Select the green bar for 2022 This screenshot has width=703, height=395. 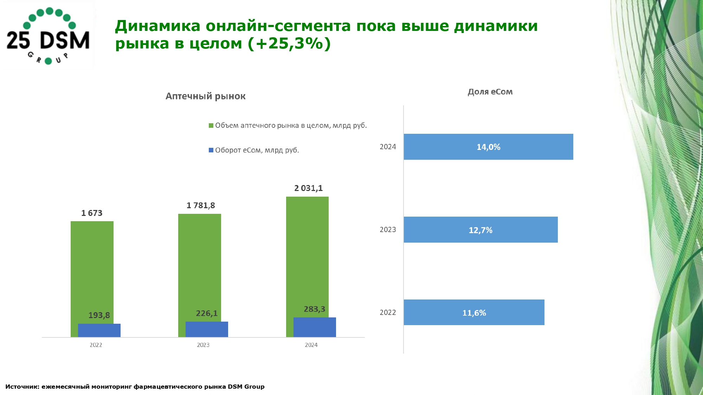coord(92,270)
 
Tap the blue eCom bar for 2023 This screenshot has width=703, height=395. coord(207,329)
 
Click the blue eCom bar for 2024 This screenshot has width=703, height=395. coord(315,327)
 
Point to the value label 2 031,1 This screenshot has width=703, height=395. coord(308,188)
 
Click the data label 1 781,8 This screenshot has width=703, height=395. coord(200,205)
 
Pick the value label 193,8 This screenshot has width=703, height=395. coord(99,315)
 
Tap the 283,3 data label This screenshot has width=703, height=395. coord(314,309)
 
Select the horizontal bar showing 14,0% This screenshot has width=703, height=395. coord(488,147)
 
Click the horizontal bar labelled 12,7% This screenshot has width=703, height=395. coord(481,230)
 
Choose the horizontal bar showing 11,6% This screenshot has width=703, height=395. coord(474,312)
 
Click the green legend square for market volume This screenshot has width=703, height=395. coord(211,126)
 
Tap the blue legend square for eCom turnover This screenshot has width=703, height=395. coord(211,150)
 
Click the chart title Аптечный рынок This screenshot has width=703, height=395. coord(205,96)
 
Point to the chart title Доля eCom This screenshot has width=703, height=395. coord(490,92)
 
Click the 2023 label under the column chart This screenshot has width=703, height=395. coord(203,345)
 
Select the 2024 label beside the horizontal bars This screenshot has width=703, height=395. coord(388,147)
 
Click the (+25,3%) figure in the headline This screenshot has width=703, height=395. coord(289,44)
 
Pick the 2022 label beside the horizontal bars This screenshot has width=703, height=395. coord(388,312)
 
